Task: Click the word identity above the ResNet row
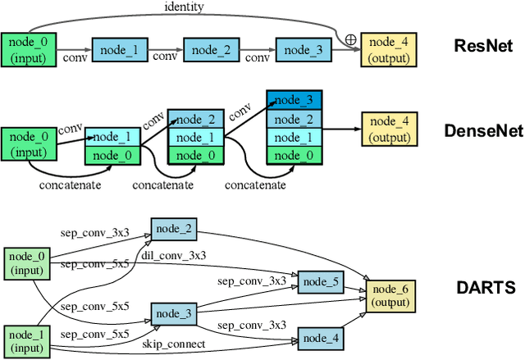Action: [183, 7]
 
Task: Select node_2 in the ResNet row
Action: [210, 50]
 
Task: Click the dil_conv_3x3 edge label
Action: [174, 256]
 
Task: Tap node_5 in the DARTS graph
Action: [321, 282]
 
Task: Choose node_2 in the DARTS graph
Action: [174, 229]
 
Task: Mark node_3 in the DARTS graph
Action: [174, 313]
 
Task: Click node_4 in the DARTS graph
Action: [321, 337]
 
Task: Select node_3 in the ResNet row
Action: [302, 50]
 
